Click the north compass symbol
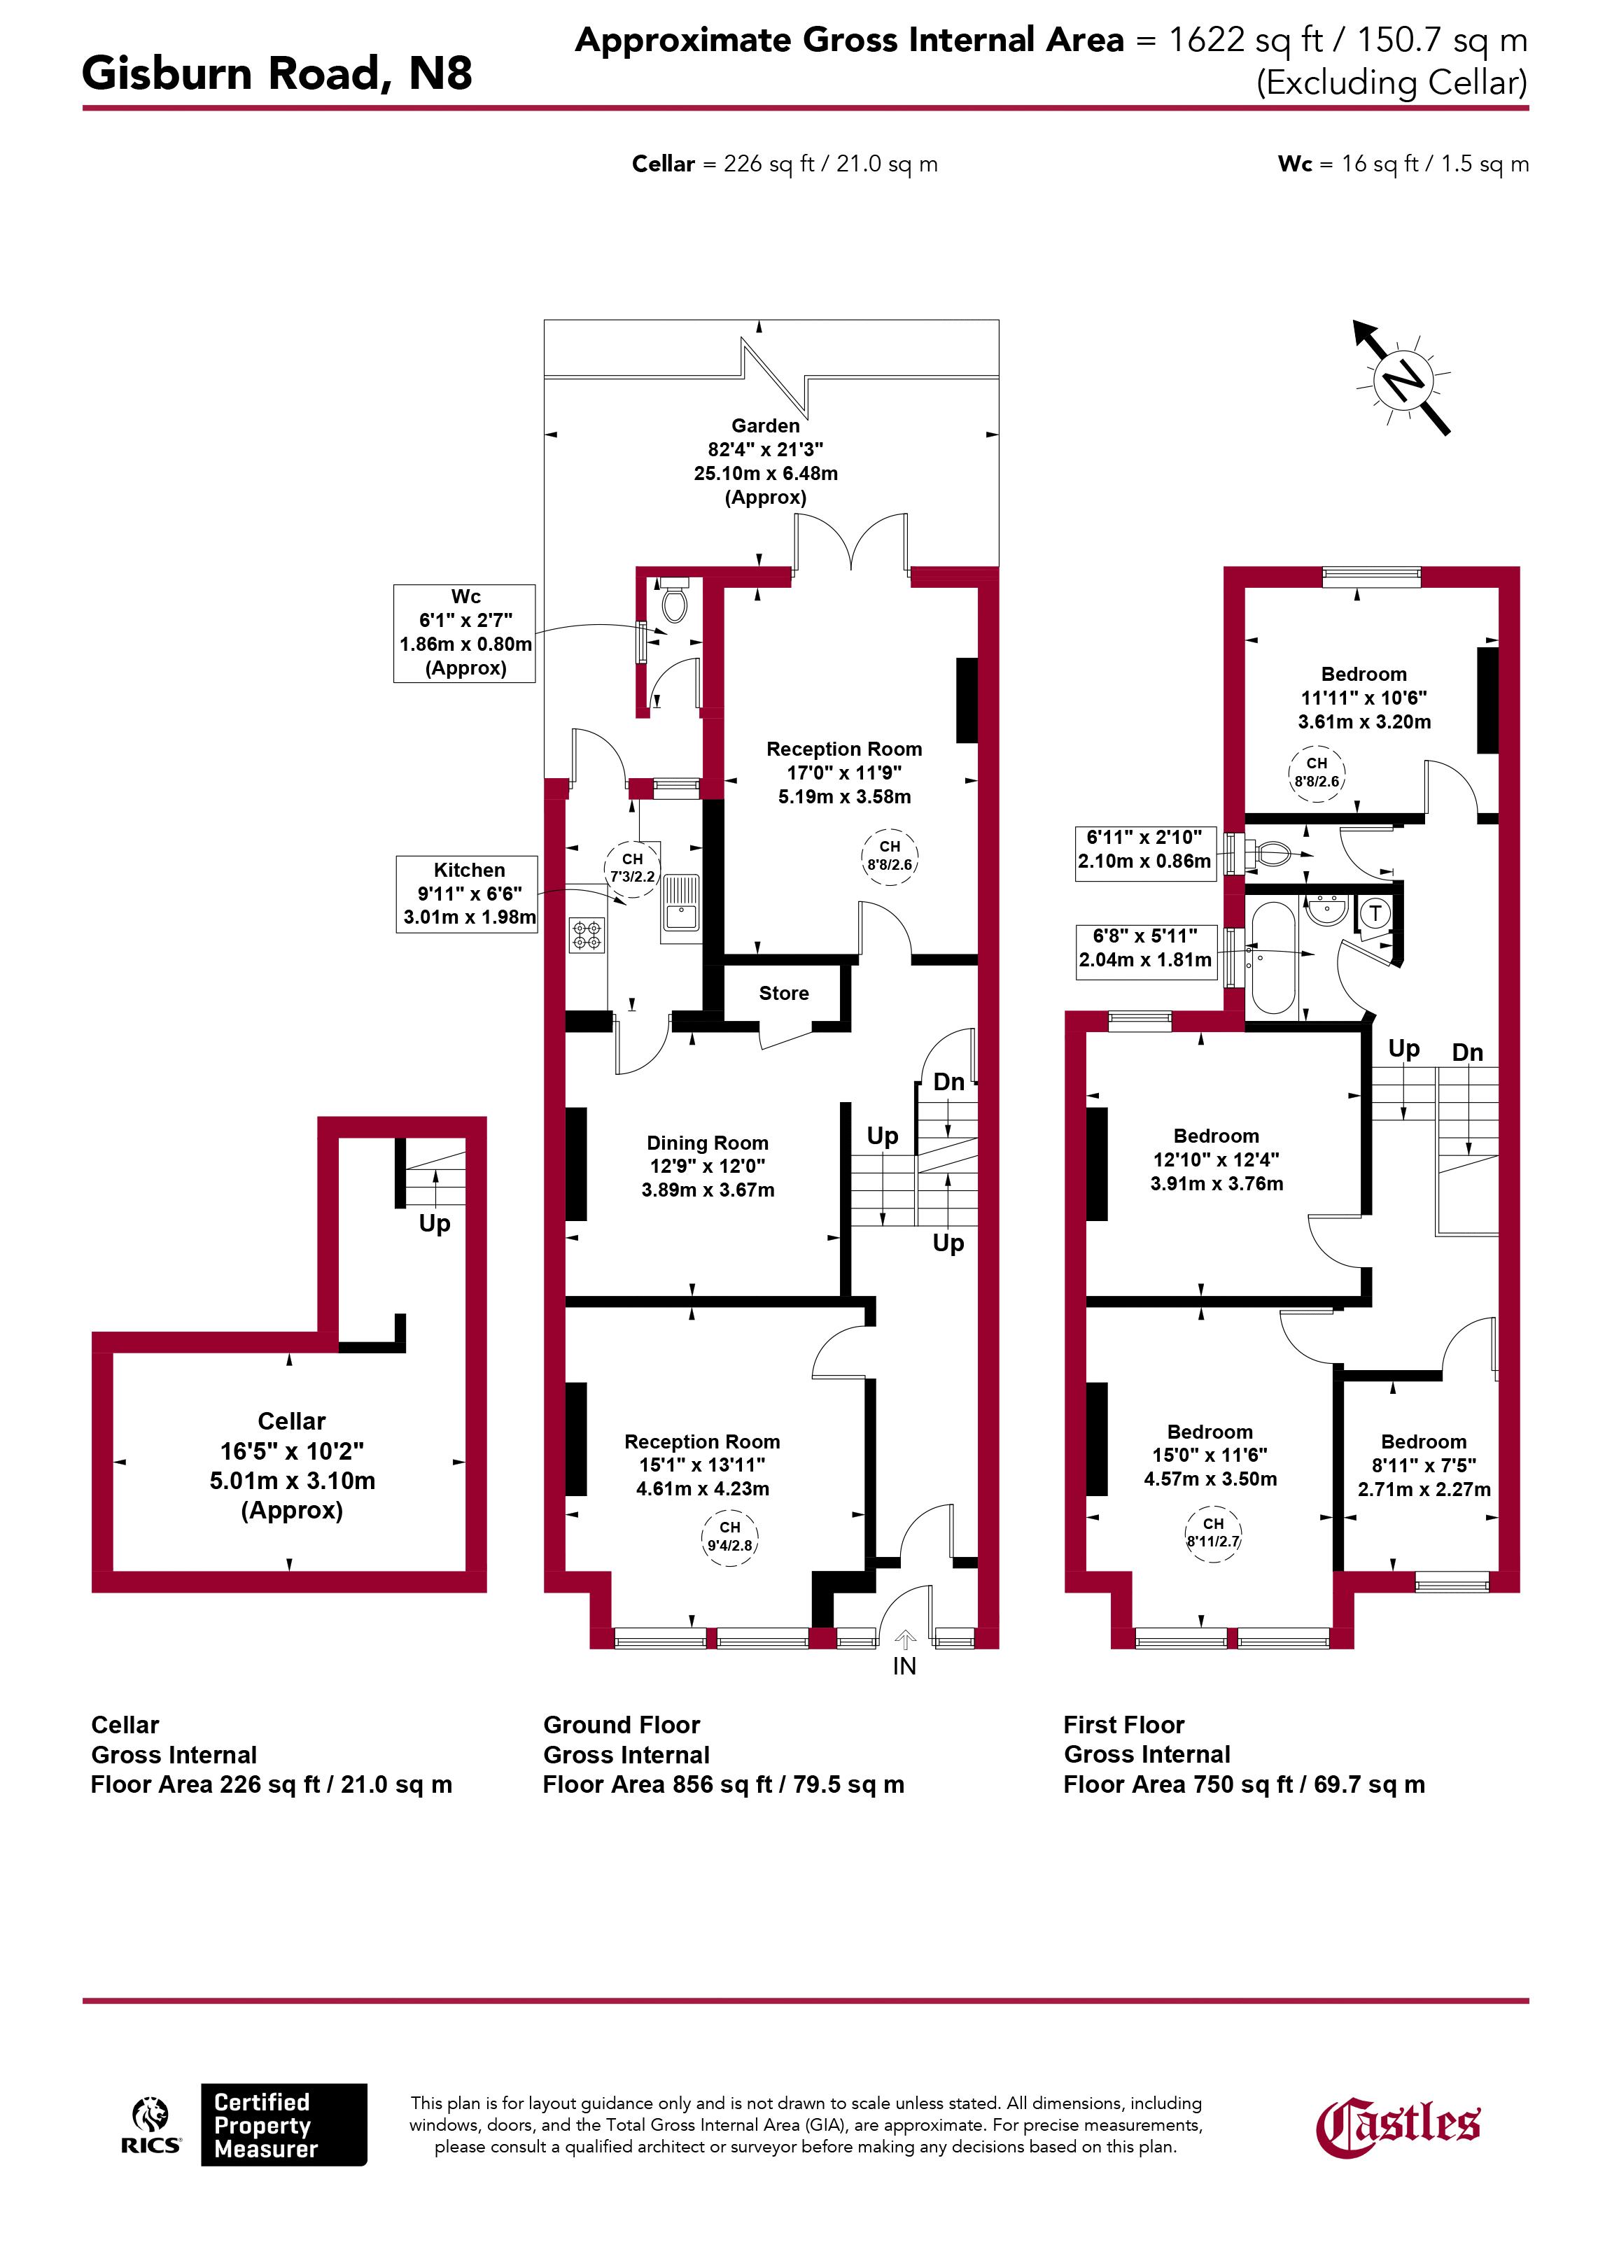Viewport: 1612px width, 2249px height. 1403,379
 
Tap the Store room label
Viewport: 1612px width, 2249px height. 784,993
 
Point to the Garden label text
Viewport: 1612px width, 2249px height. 766,425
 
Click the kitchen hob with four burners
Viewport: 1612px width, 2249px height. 585,935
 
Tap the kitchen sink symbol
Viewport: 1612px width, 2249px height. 680,903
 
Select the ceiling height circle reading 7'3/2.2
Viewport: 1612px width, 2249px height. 632,868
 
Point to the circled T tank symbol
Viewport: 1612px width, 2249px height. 1375,912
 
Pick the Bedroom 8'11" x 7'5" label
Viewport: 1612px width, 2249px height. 1424,1465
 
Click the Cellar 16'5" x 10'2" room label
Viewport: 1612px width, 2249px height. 292,1465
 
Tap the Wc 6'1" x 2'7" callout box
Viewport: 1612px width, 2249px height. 464,633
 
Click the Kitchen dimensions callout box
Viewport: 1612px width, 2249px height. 468,894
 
